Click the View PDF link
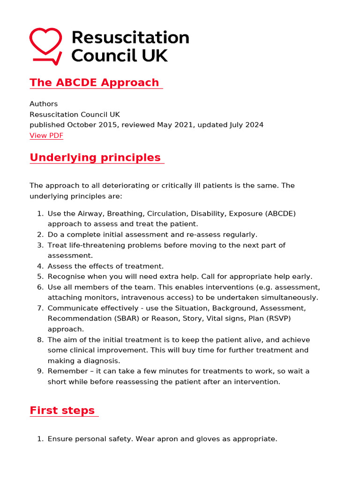[x=46, y=135]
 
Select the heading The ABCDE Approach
[x=95, y=82]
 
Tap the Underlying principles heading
[x=95, y=157]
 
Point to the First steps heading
[x=62, y=411]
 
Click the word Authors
[x=44, y=104]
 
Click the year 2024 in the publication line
[x=254, y=125]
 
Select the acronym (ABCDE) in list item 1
[x=280, y=214]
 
